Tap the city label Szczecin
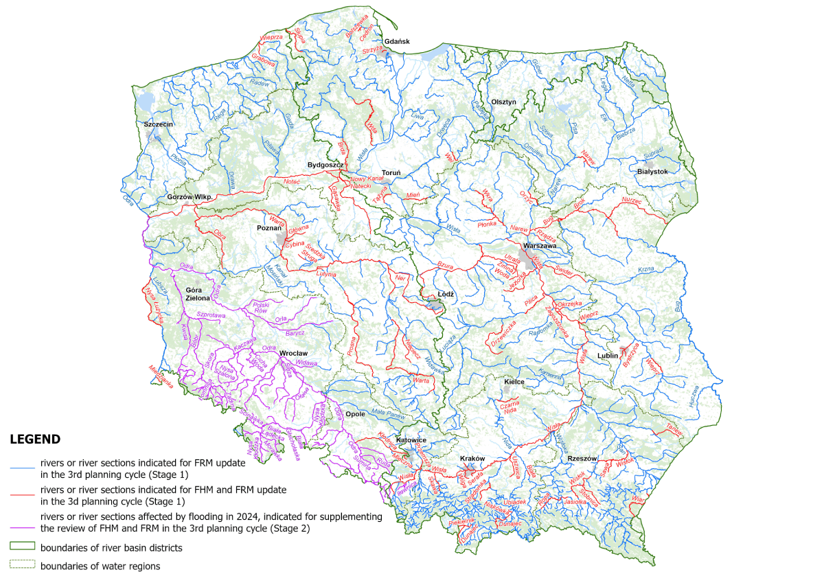point(158,124)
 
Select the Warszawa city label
point(540,245)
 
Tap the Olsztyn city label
point(503,102)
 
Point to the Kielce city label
point(514,381)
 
